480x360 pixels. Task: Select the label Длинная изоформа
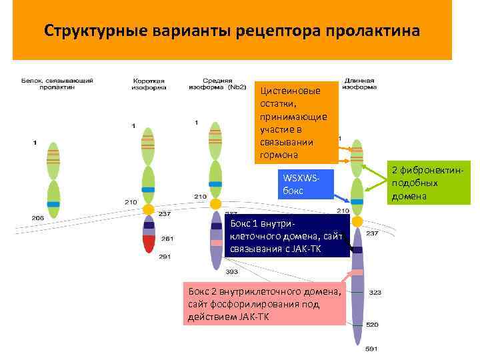point(359,83)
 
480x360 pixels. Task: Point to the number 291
point(165,257)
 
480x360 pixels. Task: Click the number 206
point(37,217)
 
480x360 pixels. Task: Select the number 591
point(371,347)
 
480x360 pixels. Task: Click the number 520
point(371,325)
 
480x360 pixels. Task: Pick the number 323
point(375,293)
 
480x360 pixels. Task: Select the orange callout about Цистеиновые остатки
point(294,123)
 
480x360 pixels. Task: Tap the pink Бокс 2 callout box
point(264,305)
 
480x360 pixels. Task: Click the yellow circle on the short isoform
point(149,209)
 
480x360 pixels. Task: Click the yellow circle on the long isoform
point(357,221)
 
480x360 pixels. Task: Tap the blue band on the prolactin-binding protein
point(53,204)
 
